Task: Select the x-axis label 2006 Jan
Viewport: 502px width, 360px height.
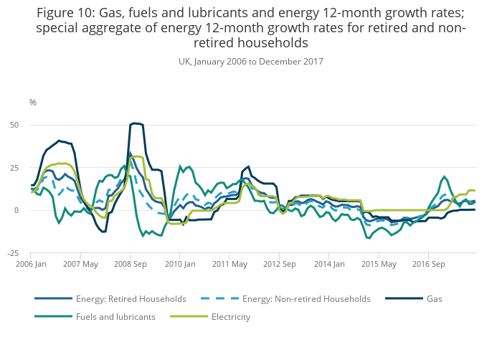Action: click(31, 264)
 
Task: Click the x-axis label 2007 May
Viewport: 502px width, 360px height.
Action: click(80, 264)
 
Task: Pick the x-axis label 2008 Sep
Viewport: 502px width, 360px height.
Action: click(130, 264)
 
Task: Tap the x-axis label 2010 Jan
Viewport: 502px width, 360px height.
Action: click(179, 264)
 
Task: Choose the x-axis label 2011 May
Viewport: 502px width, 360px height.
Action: click(229, 264)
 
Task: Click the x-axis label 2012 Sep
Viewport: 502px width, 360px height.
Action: click(279, 264)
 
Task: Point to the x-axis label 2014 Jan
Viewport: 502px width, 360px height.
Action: click(328, 264)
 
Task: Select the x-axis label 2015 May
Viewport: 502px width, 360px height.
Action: click(378, 264)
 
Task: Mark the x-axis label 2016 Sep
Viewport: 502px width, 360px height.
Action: click(428, 264)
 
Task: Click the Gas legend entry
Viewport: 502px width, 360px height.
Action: click(435, 298)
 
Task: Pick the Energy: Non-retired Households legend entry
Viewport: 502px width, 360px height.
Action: click(306, 298)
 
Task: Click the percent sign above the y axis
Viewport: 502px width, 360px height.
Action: click(32, 103)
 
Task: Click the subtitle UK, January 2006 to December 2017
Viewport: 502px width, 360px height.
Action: click(251, 62)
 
